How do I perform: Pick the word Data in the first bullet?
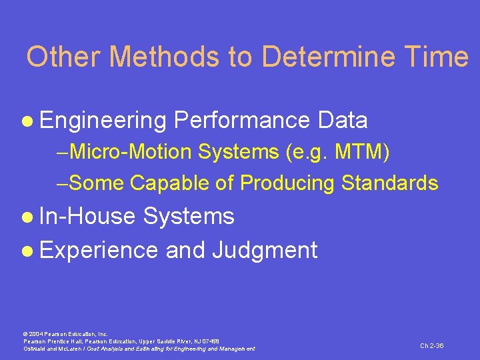coord(343,121)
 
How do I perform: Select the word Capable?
coord(170,183)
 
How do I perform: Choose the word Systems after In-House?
coord(189,216)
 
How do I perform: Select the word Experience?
coord(99,251)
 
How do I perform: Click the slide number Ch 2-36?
coord(431,345)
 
